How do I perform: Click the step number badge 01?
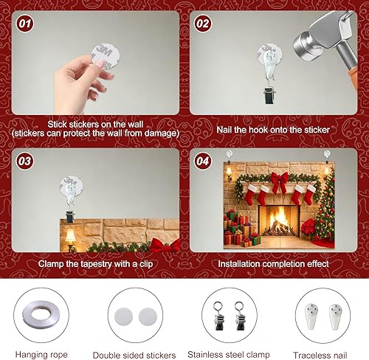coord(25,24)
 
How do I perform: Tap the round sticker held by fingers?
coord(101,58)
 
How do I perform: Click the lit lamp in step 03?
coord(71,237)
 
